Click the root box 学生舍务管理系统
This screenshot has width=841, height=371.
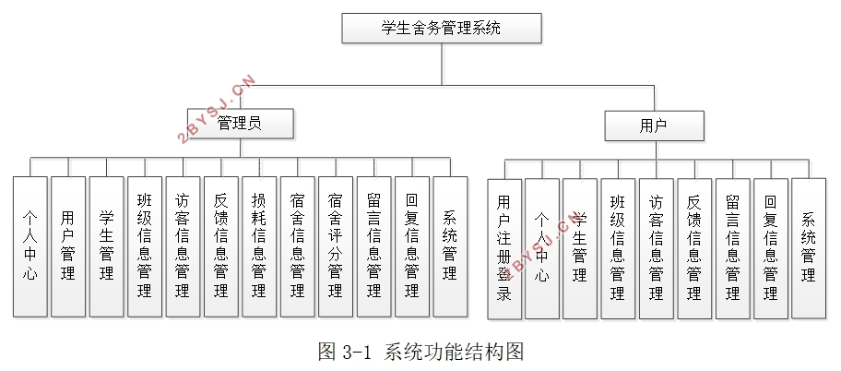[x=441, y=28]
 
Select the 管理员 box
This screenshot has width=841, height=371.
[x=240, y=124]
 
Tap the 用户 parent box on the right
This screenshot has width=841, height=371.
[x=654, y=126]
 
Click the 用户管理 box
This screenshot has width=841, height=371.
[x=67, y=245]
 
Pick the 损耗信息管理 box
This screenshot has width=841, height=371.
[x=259, y=245]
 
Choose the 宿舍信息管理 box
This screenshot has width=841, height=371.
[x=297, y=245]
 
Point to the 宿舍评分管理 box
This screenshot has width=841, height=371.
[x=336, y=245]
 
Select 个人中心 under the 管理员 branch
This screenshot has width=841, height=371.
[x=30, y=245]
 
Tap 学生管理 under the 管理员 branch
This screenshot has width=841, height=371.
[x=106, y=245]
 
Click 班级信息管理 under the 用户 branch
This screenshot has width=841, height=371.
[x=617, y=249]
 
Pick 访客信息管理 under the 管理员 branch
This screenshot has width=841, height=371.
[x=183, y=245]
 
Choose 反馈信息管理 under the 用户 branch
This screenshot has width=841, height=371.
[x=693, y=249]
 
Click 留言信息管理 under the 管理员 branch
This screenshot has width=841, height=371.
[x=373, y=245]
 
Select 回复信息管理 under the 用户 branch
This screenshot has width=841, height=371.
[x=770, y=249]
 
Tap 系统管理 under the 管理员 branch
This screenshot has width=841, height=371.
[x=450, y=245]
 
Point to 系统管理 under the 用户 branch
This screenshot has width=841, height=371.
[x=809, y=249]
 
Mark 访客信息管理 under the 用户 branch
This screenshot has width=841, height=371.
[x=656, y=249]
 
